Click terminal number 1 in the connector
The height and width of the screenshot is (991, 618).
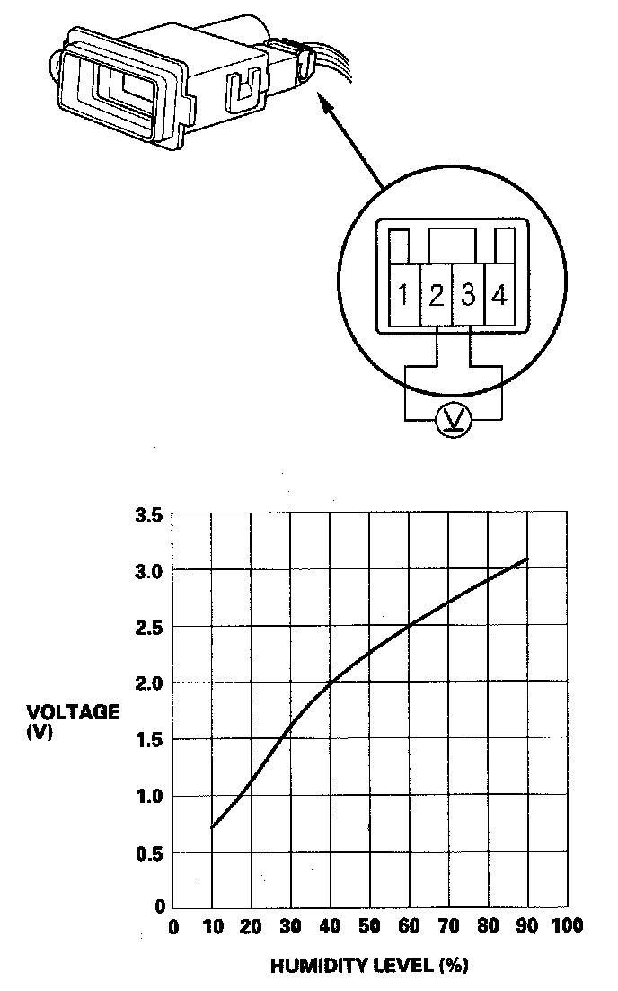pyautogui.click(x=404, y=295)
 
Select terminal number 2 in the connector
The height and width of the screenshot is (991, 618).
pyautogui.click(x=437, y=295)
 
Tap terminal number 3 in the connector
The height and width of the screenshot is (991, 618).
pyautogui.click(x=468, y=295)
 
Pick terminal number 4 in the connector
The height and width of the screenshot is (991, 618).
pyautogui.click(x=499, y=295)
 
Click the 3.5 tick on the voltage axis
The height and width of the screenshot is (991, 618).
pyautogui.click(x=149, y=516)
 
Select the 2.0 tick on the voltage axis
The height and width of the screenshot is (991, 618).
pyautogui.click(x=149, y=683)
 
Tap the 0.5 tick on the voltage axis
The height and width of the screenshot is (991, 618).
pyautogui.click(x=149, y=852)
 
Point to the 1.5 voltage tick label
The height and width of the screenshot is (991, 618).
pyautogui.click(x=149, y=739)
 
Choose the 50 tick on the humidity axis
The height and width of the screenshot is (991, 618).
pyautogui.click(x=369, y=926)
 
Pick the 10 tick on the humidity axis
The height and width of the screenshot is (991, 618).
pyautogui.click(x=212, y=926)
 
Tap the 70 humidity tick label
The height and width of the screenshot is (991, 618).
pyautogui.click(x=449, y=926)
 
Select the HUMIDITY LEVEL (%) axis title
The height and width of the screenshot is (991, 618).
pyautogui.click(x=369, y=968)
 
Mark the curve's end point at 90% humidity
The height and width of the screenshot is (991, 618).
pyautogui.click(x=527, y=558)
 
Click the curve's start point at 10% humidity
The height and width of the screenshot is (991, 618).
pyautogui.click(x=212, y=827)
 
